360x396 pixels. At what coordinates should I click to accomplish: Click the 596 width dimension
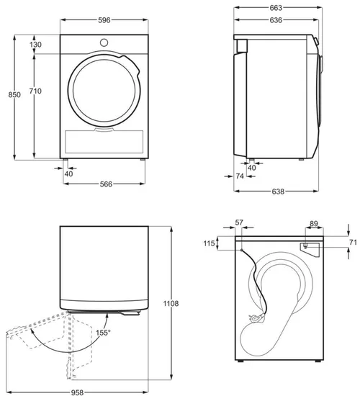tap(106, 21)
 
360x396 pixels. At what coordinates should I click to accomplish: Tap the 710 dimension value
tap(36, 91)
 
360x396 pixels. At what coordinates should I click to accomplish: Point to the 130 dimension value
tap(36, 45)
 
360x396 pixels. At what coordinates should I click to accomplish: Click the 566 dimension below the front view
tap(106, 184)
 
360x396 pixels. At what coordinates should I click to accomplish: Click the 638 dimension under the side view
tap(279, 192)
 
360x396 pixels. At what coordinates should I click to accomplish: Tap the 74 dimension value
tap(239, 175)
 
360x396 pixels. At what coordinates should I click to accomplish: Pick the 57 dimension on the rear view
tap(240, 224)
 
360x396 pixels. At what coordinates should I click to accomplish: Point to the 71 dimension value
tap(352, 243)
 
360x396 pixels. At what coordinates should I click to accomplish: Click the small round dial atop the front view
tap(106, 42)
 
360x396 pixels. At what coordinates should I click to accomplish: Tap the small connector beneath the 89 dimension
tap(306, 247)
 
